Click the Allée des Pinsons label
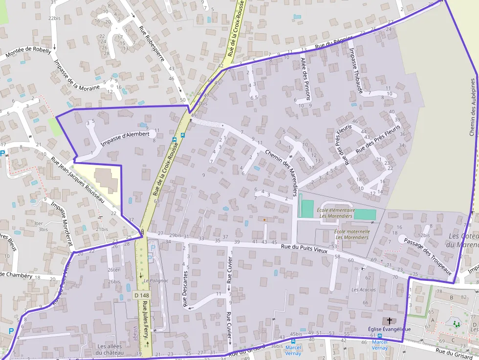click(x=305, y=79)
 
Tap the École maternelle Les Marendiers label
click(x=351, y=234)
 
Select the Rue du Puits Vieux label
click(x=303, y=248)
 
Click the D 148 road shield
click(x=142, y=295)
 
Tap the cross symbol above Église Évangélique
click(x=390, y=321)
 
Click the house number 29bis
click(x=174, y=236)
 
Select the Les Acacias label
click(x=363, y=290)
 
